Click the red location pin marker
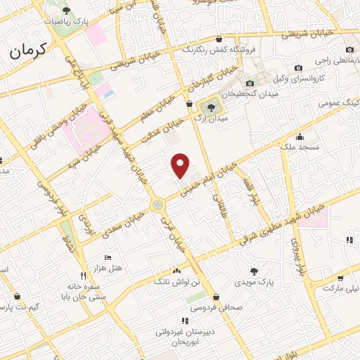click(181, 165)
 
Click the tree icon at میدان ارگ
click(208, 107)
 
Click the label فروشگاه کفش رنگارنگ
click(217, 50)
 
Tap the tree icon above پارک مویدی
click(253, 271)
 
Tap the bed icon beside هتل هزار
click(108, 258)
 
